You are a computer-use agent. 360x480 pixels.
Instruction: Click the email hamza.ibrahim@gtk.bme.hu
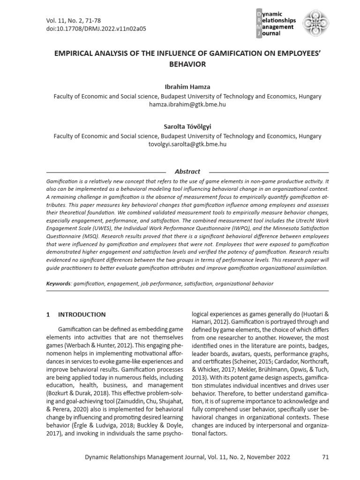187,105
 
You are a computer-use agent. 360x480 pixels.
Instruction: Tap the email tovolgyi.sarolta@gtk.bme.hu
187,144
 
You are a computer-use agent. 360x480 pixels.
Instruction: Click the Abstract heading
187,172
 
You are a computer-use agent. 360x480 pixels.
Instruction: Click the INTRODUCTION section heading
82,315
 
